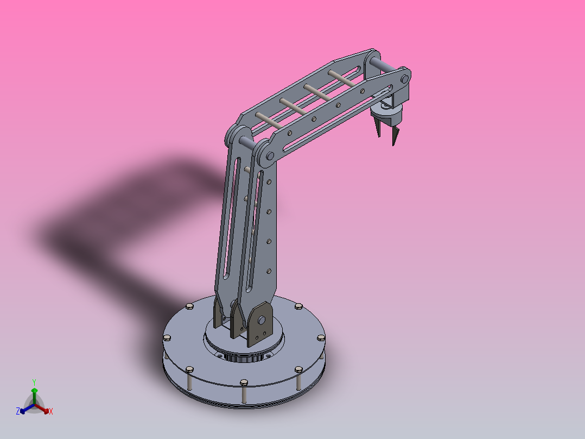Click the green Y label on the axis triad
tap(34, 381)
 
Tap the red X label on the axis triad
tap(51, 412)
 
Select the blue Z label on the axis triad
tap(17, 412)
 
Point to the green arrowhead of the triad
tap(34, 390)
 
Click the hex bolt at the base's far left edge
tap(167, 338)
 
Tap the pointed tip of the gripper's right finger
tap(394, 143)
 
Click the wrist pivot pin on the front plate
tap(404, 79)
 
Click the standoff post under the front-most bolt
tap(244, 394)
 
